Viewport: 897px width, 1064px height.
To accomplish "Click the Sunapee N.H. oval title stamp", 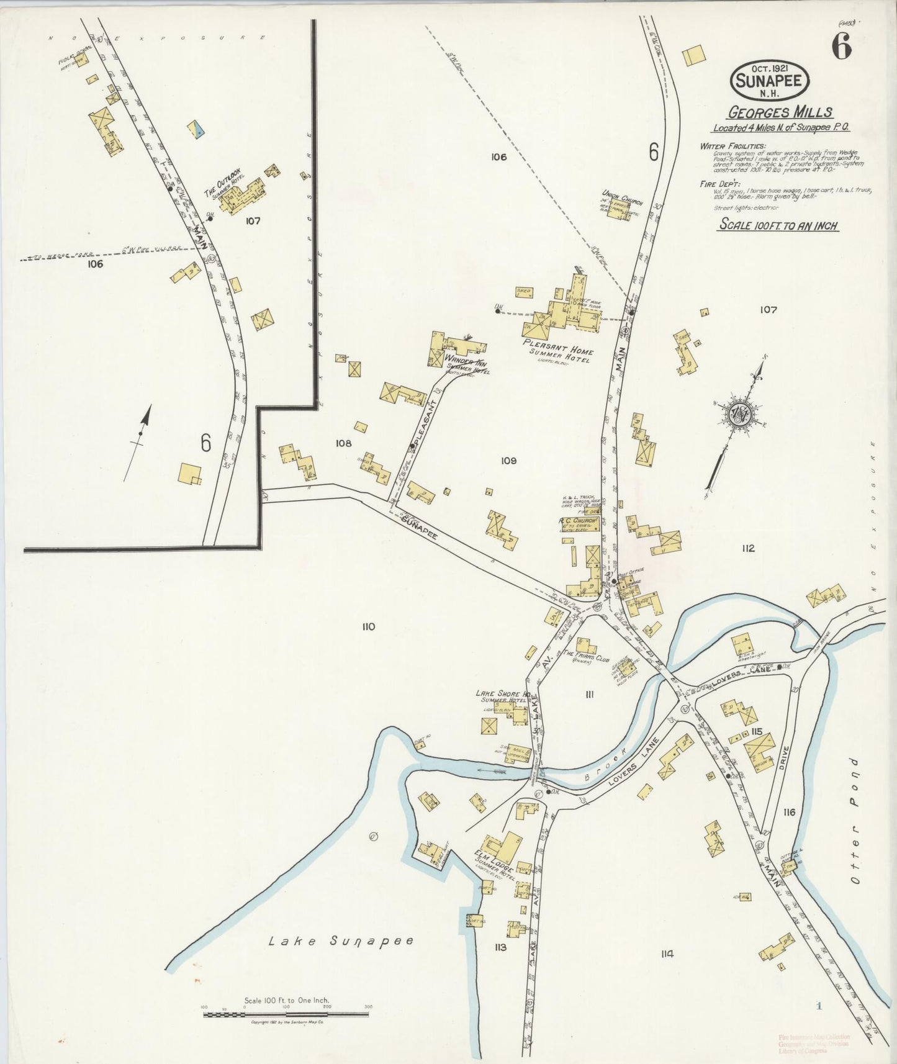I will point(770,80).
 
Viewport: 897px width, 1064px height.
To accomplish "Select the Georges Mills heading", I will point(780,112).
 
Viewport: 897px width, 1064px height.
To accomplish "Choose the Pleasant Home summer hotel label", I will point(557,351).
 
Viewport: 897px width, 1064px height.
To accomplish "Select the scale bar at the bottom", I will point(286,1015).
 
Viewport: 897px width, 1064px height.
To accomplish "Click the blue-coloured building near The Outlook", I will point(196,129).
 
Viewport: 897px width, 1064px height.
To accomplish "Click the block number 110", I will point(368,627).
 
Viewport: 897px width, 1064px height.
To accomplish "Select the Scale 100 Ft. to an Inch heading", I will point(778,225).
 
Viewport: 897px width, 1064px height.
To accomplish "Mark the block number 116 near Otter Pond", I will point(789,812).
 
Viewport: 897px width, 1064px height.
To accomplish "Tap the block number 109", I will point(508,461).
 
